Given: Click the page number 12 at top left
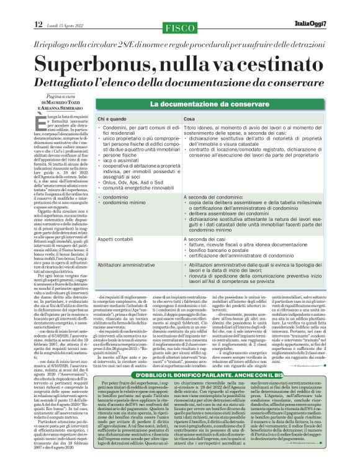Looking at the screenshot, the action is [38, 24].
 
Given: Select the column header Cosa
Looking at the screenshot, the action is [189, 118].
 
